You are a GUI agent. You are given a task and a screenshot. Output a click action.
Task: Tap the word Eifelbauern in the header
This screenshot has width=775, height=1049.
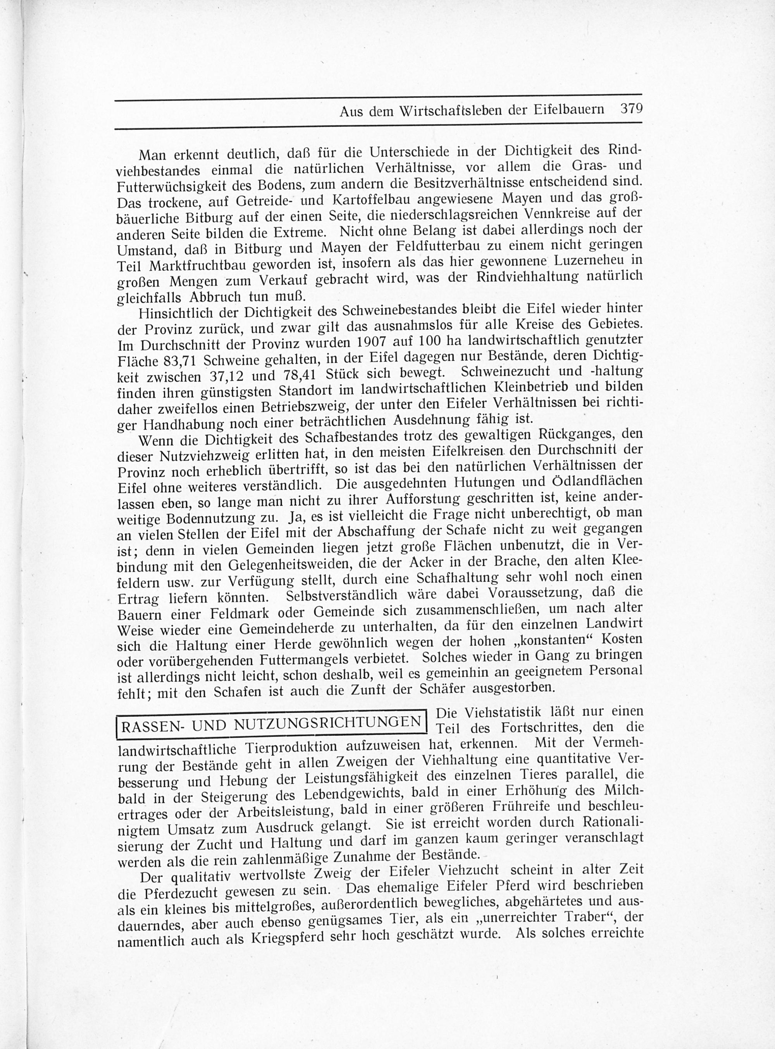[568, 110]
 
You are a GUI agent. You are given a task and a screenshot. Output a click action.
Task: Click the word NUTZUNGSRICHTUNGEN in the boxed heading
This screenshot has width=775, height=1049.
[327, 723]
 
